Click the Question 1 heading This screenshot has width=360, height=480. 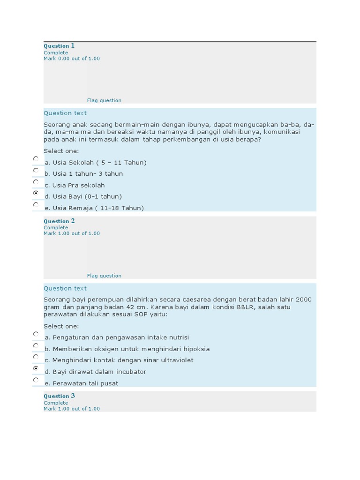pos(59,46)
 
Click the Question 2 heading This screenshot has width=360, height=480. pos(59,221)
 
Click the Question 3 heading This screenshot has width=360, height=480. pos(59,396)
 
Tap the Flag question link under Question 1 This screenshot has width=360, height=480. pos(104,100)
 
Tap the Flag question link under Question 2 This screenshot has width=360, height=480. pos(104,276)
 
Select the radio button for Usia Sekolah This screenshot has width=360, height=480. pos(36,159)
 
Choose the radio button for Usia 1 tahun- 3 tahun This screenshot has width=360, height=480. pos(36,170)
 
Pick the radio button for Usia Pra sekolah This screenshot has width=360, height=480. pos(36,181)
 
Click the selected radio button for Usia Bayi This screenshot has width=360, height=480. pos(36,193)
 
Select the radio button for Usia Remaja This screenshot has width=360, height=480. pos(36,204)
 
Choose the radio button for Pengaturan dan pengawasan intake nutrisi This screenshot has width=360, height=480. pos(36,334)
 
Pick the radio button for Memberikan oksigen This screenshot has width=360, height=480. pos(36,345)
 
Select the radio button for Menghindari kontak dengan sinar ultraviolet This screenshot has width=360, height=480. pos(36,357)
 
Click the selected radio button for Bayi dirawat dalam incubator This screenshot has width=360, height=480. pos(36,368)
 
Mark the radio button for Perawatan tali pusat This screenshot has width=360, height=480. pos(36,380)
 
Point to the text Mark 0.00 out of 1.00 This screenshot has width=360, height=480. pos(72,59)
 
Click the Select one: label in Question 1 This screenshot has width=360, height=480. pos(61,151)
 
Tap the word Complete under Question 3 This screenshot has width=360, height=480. pos(56,403)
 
